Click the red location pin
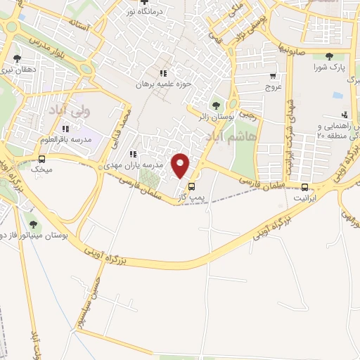181,165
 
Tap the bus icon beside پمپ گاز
191,186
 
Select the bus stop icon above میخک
41,159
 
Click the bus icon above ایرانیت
304,187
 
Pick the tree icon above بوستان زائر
215,105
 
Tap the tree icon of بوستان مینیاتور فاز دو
33,224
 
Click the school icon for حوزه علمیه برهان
162,72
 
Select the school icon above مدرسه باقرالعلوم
65,129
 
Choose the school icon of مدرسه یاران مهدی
132,154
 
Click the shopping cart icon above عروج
272,77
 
